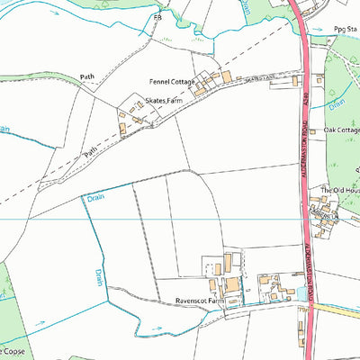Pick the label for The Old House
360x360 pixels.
click(x=340, y=191)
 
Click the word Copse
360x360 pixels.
click(x=15, y=348)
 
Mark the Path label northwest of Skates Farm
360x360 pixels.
click(x=87, y=78)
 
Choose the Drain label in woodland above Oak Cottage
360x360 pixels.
click(x=337, y=104)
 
